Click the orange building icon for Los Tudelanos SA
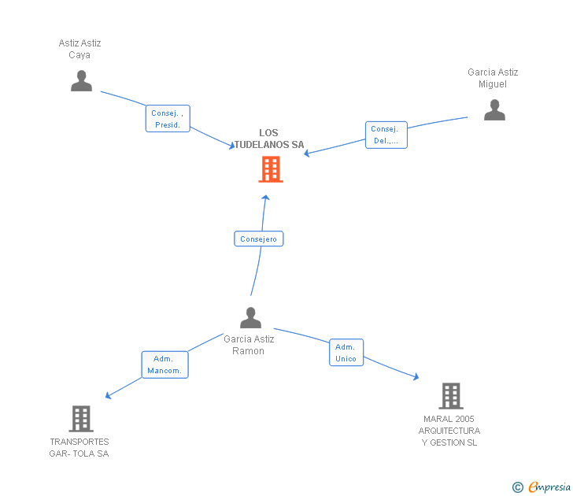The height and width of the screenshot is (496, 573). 270,169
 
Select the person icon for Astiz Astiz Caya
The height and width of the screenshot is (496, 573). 81,81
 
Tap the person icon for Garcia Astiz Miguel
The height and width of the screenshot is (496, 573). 494,110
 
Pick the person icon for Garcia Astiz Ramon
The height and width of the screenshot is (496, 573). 250,318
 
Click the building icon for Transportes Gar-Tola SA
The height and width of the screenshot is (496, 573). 81,419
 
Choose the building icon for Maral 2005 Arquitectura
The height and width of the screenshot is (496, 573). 450,396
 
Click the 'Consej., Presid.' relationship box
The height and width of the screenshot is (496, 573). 168,119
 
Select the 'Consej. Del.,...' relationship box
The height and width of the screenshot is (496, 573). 386,135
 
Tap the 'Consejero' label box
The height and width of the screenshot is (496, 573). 258,239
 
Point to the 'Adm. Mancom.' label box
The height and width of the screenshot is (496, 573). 165,365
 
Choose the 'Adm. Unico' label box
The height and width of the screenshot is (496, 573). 346,353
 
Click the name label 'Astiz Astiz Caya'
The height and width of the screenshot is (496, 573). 80,49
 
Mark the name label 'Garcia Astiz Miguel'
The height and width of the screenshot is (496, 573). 493,78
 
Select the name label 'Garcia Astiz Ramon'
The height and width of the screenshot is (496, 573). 249,345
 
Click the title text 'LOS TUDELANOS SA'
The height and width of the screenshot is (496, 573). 268,139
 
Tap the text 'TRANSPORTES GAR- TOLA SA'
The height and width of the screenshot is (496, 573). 79,448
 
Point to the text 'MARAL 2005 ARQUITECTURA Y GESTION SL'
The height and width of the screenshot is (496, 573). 449,431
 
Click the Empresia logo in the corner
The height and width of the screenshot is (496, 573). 549,487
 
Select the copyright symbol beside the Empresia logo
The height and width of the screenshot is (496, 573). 518,487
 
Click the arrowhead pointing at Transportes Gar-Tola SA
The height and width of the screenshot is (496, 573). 109,395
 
